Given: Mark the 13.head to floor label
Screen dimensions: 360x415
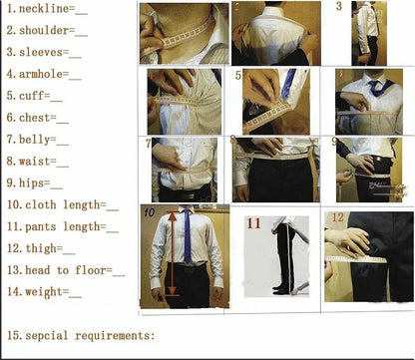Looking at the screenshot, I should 65,270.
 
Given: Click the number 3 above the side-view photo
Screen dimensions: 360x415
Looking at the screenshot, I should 339,7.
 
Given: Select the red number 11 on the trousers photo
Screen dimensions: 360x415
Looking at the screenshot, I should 254,223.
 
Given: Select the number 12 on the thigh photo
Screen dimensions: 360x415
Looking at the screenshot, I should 337,217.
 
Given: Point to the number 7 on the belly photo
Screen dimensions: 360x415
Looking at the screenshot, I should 150,144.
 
